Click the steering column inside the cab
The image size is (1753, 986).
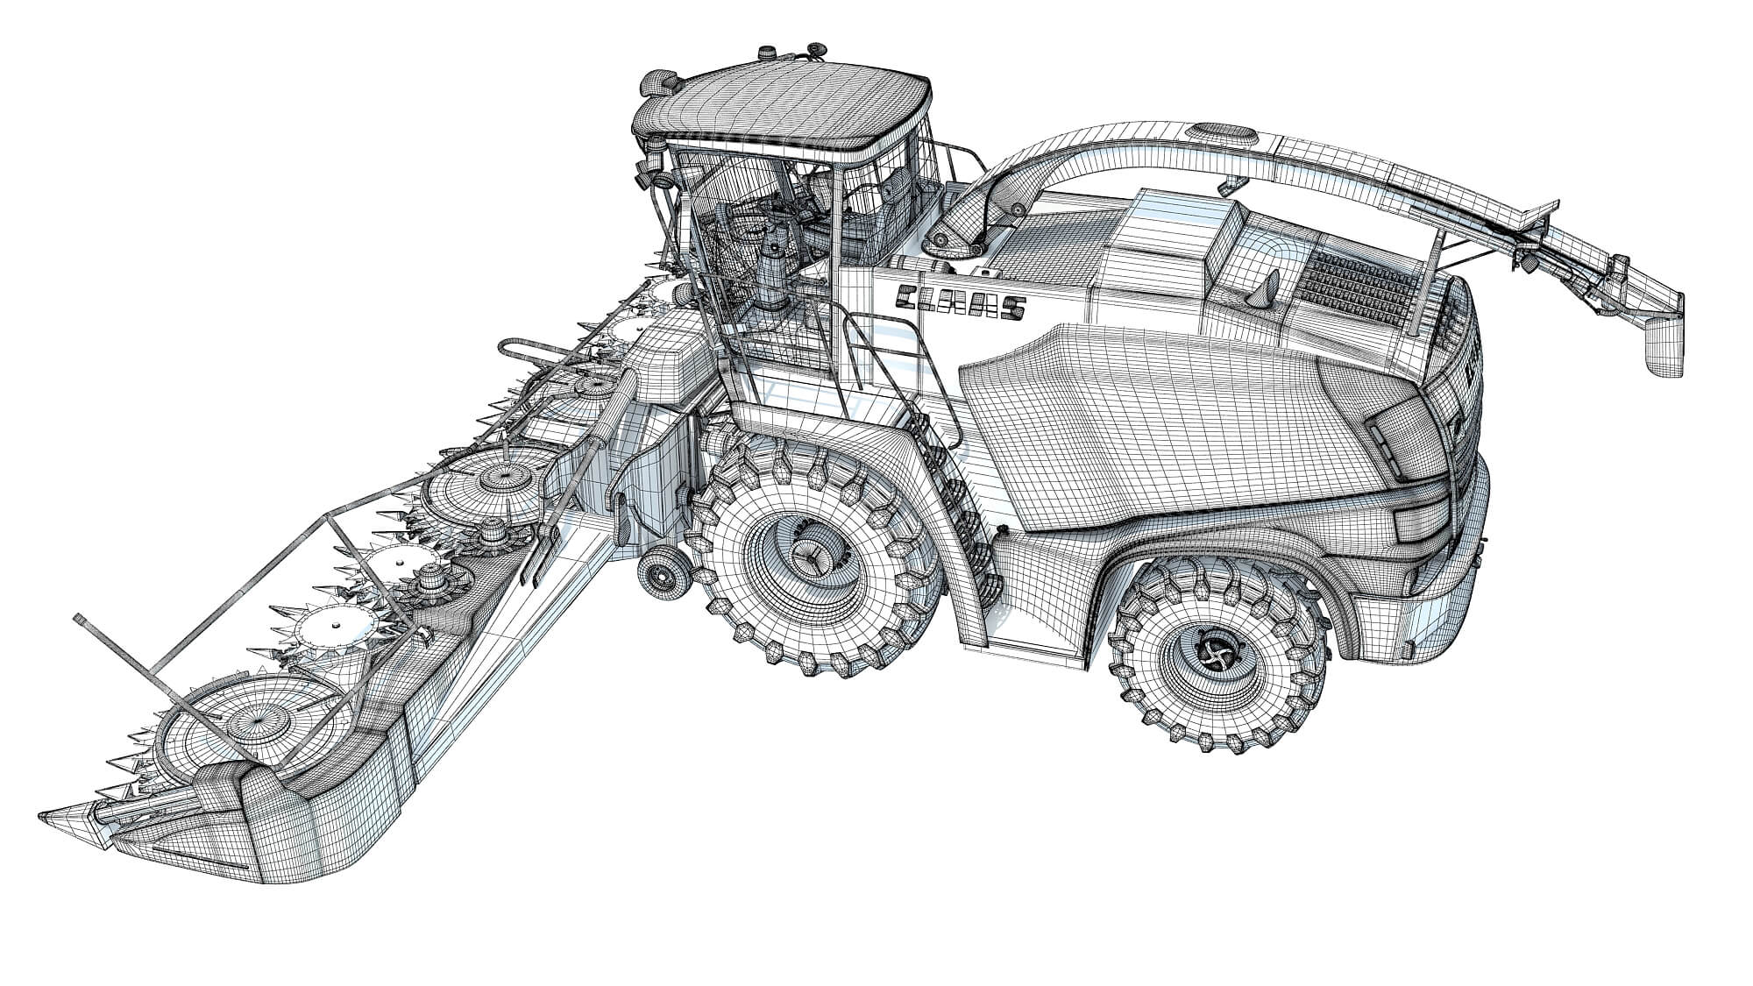[x=771, y=272]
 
